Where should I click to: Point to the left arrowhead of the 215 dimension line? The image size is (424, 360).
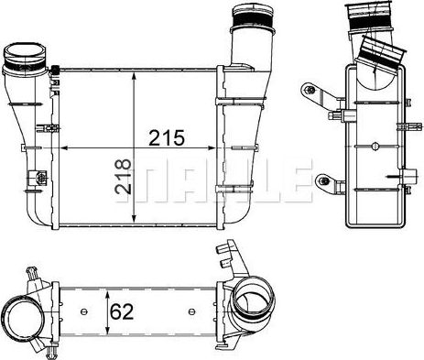coord(63,148)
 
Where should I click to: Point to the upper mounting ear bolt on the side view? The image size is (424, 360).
coord(310,91)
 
